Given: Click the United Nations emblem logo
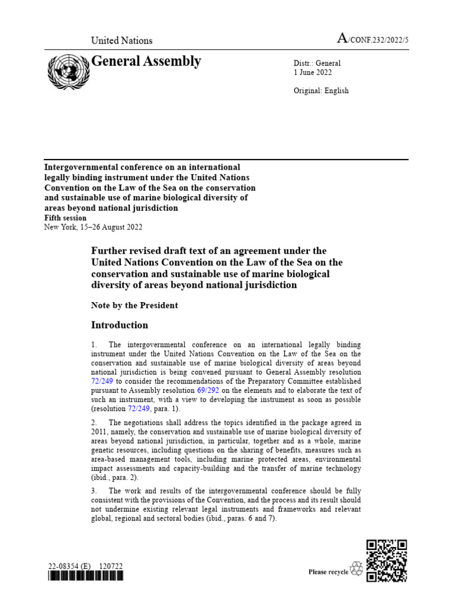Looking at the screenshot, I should tap(67, 71).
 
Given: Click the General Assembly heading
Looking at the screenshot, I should tap(146, 61).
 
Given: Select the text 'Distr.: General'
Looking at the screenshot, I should tap(317, 63).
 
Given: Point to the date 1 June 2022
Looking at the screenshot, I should tap(313, 72).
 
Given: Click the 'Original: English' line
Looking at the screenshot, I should tap(321, 91).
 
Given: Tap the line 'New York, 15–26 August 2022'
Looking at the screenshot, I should tap(93, 227).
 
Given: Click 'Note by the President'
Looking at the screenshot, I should tap(134, 305).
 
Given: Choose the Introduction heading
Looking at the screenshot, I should tap(119, 325).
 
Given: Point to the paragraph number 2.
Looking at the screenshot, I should tap(94, 423).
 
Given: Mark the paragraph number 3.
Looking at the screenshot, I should tap(94, 491).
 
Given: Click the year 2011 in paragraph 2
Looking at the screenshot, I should tap(101, 432).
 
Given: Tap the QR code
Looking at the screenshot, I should tap(386, 561).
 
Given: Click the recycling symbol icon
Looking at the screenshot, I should tap(356, 569).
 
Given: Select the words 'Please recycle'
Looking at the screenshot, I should tap(329, 572).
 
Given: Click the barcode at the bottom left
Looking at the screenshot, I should tap(86, 577).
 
